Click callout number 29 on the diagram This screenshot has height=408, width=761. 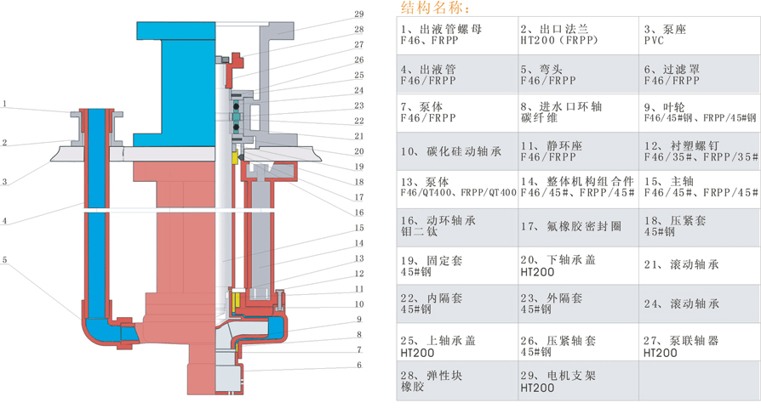(358, 14)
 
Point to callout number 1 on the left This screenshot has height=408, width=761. (4, 105)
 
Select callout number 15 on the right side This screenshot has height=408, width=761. (359, 228)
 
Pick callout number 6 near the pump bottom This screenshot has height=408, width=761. (359, 365)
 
